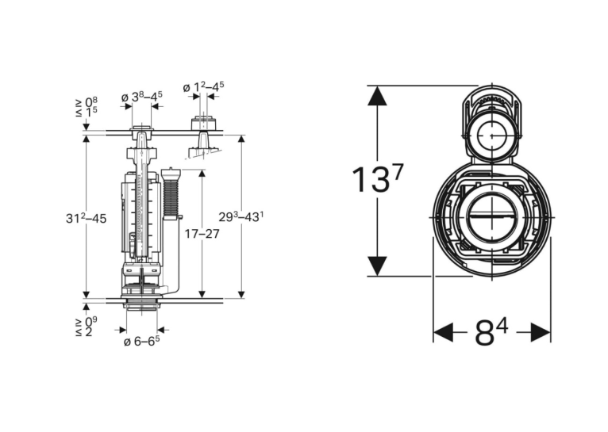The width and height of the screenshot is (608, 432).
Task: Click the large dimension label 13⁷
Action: (377, 178)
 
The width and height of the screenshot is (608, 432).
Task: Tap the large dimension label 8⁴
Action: (491, 332)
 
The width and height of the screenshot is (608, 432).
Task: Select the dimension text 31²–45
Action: (86, 219)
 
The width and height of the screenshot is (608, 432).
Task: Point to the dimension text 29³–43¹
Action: (241, 216)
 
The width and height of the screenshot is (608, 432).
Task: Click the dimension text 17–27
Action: (202, 234)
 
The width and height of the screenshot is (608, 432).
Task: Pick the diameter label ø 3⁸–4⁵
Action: (141, 97)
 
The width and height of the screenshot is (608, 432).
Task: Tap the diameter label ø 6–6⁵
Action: (141, 341)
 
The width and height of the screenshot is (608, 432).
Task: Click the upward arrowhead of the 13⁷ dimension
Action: (377, 95)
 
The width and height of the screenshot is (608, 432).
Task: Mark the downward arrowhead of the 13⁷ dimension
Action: (377, 266)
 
